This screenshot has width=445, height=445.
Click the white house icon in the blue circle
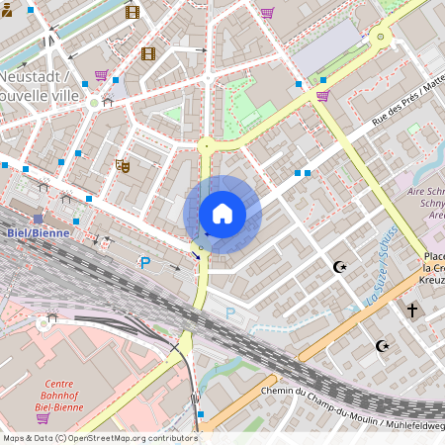(222, 214)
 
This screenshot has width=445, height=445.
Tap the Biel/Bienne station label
(30, 232)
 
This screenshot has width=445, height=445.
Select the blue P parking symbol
(145, 263)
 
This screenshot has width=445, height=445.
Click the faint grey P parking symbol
(230, 312)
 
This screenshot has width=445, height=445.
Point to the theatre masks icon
(124, 165)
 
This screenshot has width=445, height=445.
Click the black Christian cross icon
(412, 310)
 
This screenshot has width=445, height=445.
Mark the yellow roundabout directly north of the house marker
(206, 145)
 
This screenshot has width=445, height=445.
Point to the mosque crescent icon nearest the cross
(383, 345)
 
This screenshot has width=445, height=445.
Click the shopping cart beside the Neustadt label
(101, 75)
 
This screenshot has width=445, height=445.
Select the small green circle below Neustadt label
(94, 102)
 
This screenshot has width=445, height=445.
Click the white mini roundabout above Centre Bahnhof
(44, 322)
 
